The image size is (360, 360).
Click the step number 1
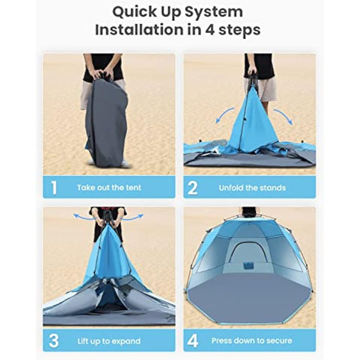[54, 188]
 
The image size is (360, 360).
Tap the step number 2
[193, 188]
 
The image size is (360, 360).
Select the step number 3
[54, 341]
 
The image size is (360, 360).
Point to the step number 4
[193, 341]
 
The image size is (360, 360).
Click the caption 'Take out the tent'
[109, 188]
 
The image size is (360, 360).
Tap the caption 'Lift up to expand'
[109, 341]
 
